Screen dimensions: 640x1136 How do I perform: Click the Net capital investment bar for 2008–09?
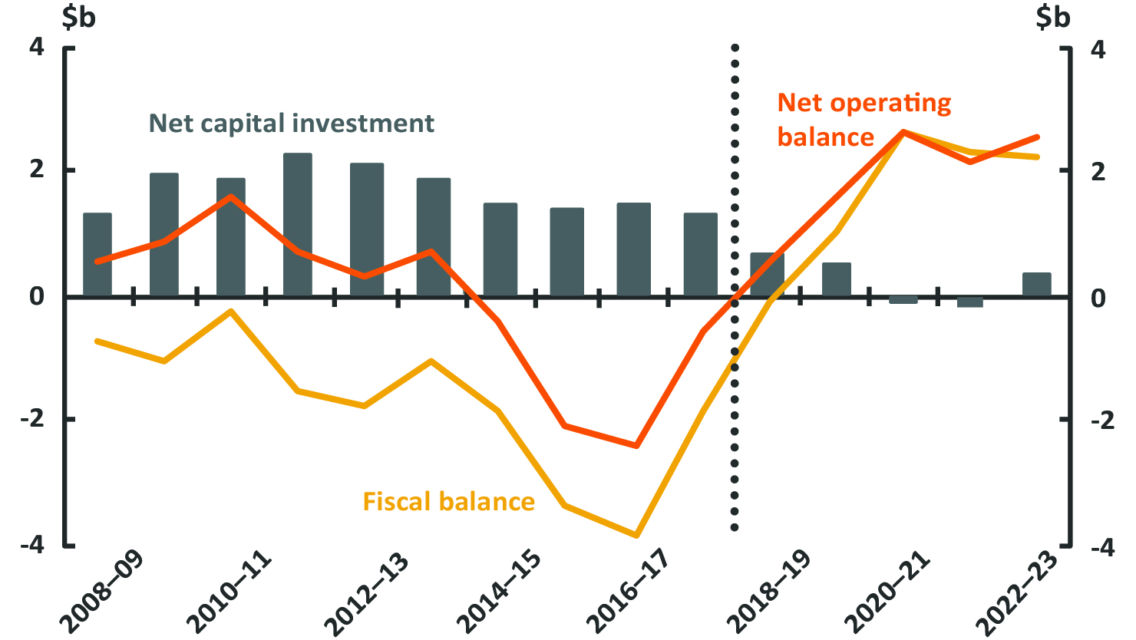click(97, 255)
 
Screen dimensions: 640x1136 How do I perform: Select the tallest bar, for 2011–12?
click(298, 225)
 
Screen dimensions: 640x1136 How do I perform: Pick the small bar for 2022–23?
click(1037, 284)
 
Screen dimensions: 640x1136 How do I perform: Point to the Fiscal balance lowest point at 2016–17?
click(636, 535)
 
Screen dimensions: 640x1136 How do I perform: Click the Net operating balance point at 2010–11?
click(231, 196)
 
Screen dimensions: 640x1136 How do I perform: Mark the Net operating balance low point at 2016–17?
click(636, 445)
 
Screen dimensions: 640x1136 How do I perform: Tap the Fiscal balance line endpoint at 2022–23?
click(1038, 157)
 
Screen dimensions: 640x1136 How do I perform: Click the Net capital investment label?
click(292, 124)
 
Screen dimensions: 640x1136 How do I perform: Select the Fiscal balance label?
click(449, 502)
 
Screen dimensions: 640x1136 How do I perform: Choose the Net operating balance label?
click(864, 120)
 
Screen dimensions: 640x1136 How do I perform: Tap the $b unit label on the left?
click(78, 17)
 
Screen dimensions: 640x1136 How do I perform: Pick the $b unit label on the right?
click(1052, 17)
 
